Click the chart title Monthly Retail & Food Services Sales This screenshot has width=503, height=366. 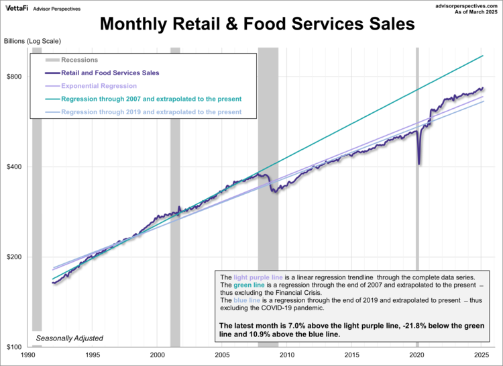click(x=258, y=25)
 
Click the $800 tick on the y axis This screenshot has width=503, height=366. click(x=15, y=77)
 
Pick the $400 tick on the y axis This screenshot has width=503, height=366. click(x=15, y=167)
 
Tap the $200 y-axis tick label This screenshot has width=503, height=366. click(x=15, y=257)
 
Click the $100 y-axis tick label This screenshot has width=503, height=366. click(x=15, y=347)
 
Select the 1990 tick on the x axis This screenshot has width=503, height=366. click(x=28, y=355)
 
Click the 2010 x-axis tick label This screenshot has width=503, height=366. click(x=287, y=355)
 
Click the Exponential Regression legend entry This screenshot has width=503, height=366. click(x=99, y=86)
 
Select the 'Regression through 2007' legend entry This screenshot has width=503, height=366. click(x=151, y=99)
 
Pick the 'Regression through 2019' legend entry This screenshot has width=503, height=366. click(x=151, y=111)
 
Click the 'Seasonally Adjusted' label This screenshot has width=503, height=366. click(x=70, y=338)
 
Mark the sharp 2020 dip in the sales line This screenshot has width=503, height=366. click(x=419, y=163)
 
